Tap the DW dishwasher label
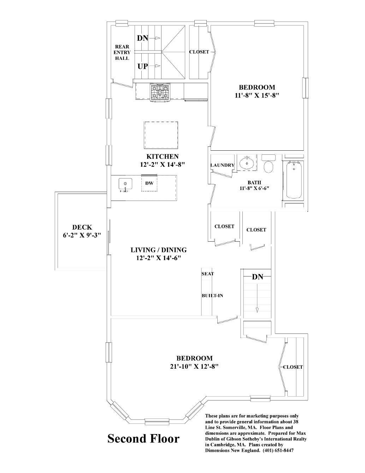click(149, 183)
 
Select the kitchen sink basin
click(125, 184)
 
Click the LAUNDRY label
click(222, 165)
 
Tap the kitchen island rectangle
click(161, 135)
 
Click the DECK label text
click(82, 227)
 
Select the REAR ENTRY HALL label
click(122, 52)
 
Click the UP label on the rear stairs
click(143, 66)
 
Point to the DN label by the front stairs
click(258, 277)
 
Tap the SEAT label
click(208, 273)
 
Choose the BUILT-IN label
click(212, 296)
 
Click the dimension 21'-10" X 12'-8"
click(194, 367)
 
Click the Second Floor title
click(143, 439)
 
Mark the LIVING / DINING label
click(159, 250)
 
